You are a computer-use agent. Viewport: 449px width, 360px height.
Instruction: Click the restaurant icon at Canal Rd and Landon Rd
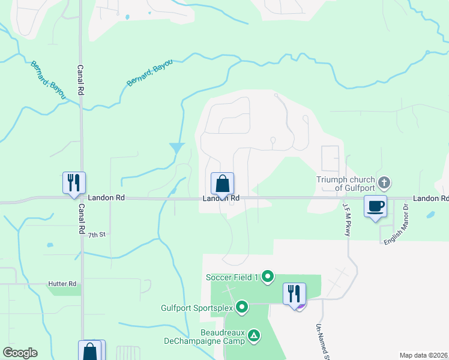click(74, 182)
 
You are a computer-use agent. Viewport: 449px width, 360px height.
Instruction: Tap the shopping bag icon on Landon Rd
click(222, 184)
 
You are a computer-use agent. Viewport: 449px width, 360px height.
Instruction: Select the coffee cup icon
click(376, 206)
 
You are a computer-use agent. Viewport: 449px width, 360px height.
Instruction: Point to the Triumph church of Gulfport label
click(346, 184)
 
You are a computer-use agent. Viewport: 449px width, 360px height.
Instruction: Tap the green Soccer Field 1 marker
click(268, 277)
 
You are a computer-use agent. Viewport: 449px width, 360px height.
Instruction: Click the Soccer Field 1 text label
click(232, 277)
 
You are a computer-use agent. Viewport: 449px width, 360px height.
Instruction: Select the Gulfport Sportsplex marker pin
click(243, 308)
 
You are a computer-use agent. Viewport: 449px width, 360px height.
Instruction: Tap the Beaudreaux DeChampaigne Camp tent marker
click(255, 335)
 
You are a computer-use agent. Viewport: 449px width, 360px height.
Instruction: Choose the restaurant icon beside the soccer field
click(294, 294)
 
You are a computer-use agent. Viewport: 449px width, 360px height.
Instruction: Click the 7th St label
click(96, 235)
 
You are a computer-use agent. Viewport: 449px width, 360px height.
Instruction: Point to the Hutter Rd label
click(62, 283)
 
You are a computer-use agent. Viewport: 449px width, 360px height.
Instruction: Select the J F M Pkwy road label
click(346, 218)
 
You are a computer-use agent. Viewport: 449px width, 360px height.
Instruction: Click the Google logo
click(20, 353)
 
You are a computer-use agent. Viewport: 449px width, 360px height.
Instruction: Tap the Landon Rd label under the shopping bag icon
click(221, 198)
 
